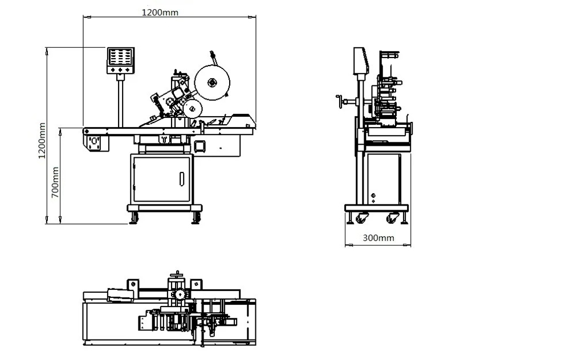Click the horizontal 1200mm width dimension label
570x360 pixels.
[x=160, y=13]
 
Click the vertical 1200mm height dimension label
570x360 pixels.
[x=42, y=141]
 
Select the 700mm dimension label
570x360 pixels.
[x=55, y=182]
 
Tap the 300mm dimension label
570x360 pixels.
[x=378, y=238]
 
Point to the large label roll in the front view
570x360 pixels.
[x=212, y=83]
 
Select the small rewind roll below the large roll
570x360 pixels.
[x=193, y=109]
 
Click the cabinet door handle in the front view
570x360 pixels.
[x=182, y=179]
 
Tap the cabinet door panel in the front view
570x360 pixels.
[x=162, y=179]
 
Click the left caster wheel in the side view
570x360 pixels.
[x=362, y=218]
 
